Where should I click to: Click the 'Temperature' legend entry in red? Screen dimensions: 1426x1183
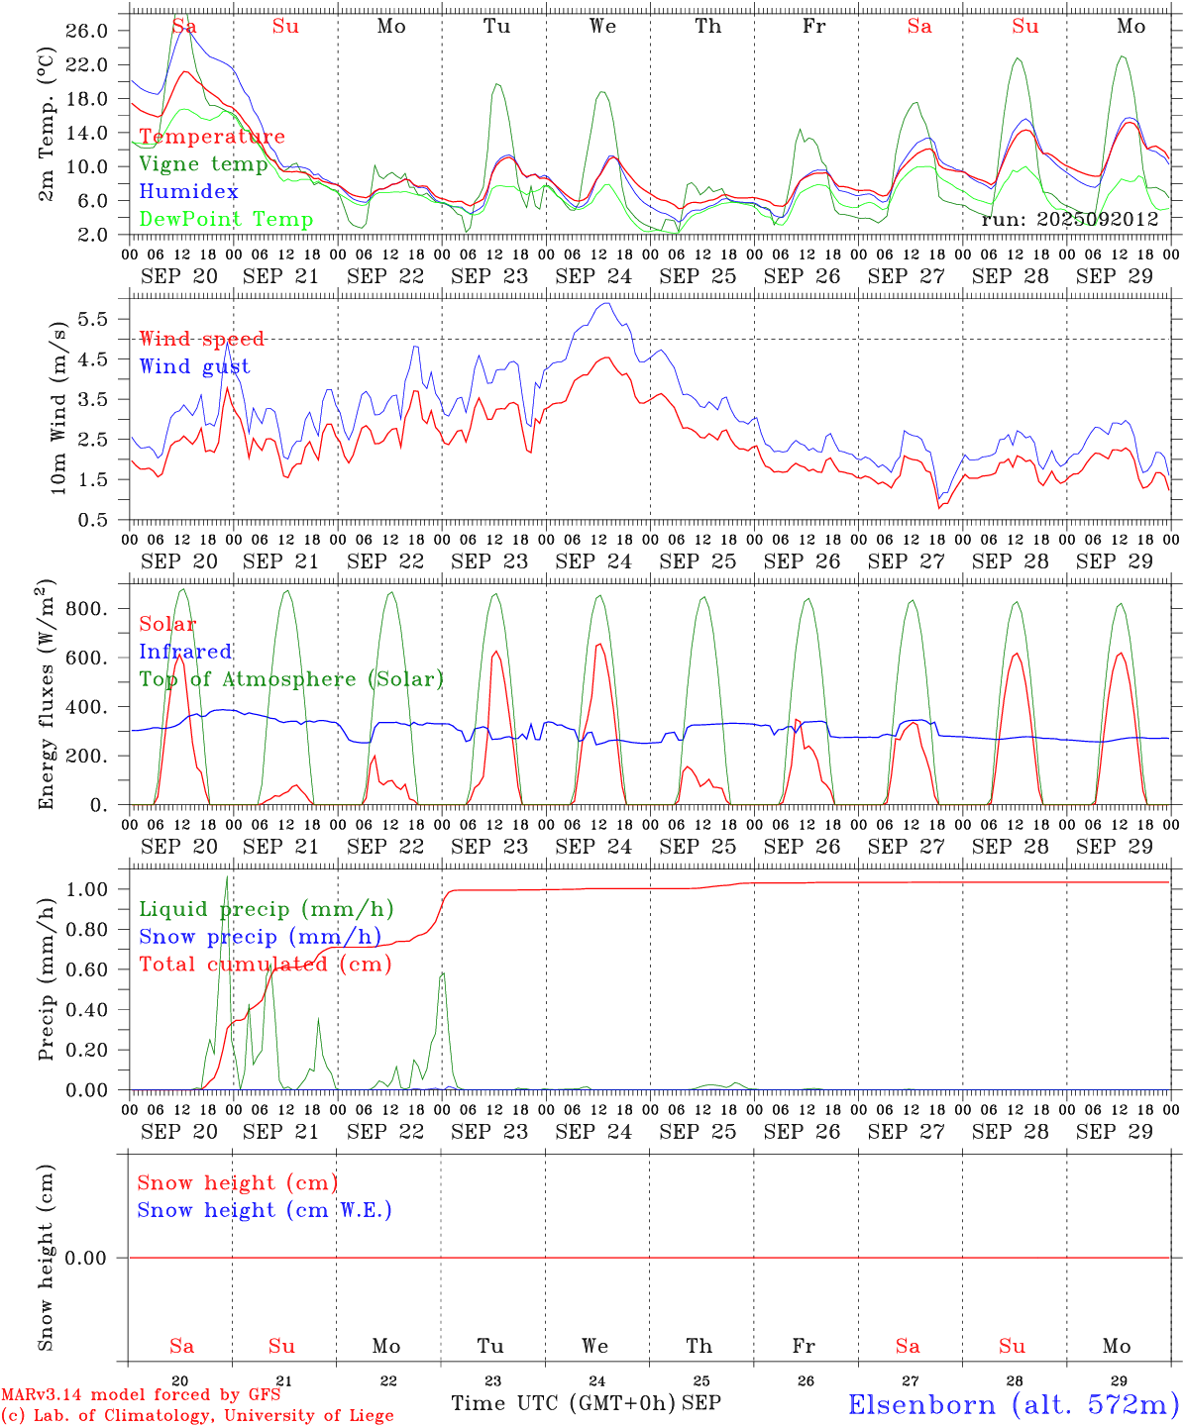click(212, 137)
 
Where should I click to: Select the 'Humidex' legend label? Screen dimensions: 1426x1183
click(188, 192)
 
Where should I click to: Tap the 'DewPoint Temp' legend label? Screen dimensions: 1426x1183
click(226, 220)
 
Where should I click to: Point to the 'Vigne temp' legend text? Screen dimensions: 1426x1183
click(203, 164)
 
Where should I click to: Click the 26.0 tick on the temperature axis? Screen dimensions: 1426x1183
click(87, 31)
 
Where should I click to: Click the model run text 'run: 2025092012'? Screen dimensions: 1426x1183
click(1069, 219)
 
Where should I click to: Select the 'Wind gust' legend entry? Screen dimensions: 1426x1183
click(194, 366)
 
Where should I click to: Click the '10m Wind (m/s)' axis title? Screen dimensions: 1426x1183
click(56, 405)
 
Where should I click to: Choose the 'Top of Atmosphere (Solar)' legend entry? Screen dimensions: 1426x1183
click(291, 679)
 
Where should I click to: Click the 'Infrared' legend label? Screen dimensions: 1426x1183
click(185, 652)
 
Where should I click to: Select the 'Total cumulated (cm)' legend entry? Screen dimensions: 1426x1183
click(265, 965)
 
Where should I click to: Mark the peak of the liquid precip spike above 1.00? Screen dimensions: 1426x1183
click(227, 877)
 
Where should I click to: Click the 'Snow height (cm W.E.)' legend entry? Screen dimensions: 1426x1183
click(265, 1210)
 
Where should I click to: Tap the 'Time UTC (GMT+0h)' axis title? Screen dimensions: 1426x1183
click(563, 1403)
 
